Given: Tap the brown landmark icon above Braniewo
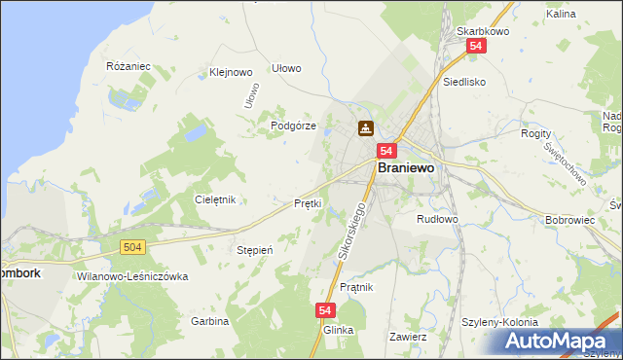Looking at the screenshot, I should click(x=366, y=127).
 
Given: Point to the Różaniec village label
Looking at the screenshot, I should click(x=128, y=66).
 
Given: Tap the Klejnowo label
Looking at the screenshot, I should click(x=231, y=72).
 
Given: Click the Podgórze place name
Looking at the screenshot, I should click(x=294, y=126).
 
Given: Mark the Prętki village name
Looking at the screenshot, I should click(x=308, y=203).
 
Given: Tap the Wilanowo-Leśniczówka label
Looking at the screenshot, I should click(x=131, y=276).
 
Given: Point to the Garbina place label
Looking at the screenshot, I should click(x=209, y=321).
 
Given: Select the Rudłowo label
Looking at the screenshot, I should click(x=436, y=219).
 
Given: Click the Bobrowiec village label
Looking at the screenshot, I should click(x=569, y=220).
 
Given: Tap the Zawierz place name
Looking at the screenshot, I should click(x=408, y=337).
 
